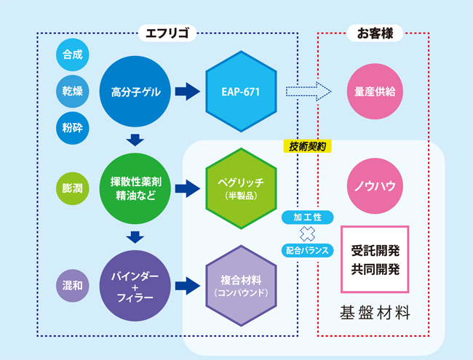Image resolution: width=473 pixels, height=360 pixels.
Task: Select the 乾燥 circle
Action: click(x=73, y=91)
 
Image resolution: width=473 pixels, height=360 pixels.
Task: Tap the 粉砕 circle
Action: click(x=73, y=128)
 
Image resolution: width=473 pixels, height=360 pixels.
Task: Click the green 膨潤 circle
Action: click(x=72, y=188)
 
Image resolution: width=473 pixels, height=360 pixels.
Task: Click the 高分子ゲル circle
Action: click(x=135, y=92)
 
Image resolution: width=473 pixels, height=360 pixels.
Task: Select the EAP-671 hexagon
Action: click(x=241, y=92)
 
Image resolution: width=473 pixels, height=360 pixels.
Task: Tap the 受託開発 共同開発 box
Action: click(x=375, y=259)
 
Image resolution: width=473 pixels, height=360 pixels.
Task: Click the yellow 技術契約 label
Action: click(x=307, y=145)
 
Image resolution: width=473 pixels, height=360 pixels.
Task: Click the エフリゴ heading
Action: click(x=168, y=33)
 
